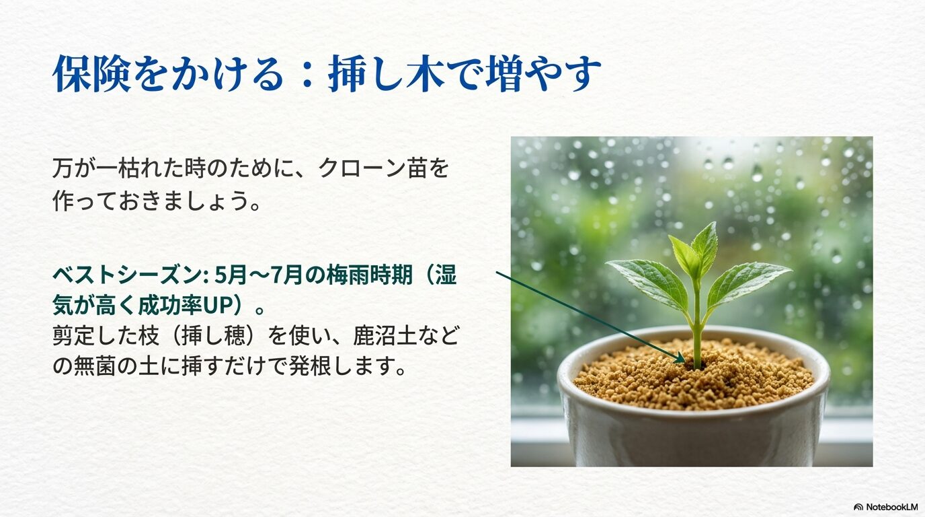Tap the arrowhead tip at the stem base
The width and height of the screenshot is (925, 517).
tap(684, 361)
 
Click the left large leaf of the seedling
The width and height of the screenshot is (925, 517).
tap(648, 283)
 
